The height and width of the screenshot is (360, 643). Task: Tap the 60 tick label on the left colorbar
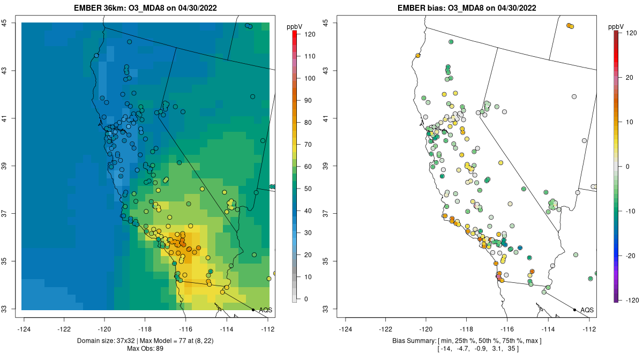click(309, 167)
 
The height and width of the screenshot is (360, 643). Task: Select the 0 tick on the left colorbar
click(309, 299)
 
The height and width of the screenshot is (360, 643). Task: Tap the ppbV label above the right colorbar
click(617, 26)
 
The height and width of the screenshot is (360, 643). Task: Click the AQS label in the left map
click(265, 310)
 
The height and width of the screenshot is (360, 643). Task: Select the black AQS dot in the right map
click(574, 310)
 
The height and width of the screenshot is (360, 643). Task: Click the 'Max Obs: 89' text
click(145, 349)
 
